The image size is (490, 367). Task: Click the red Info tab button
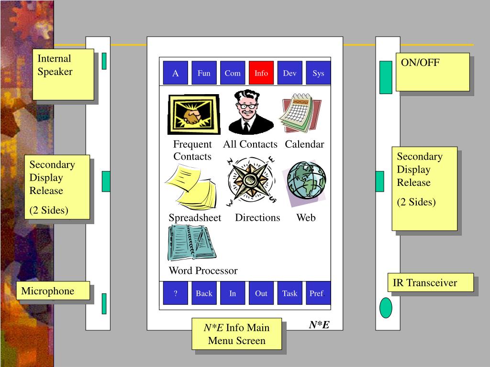pyautogui.click(x=261, y=73)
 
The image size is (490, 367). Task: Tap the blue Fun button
pyautogui.click(x=204, y=73)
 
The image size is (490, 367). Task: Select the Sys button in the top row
pyautogui.click(x=318, y=73)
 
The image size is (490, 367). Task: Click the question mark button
pyautogui.click(x=176, y=293)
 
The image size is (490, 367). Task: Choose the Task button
pyautogui.click(x=290, y=293)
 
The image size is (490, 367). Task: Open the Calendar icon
pyautogui.click(x=301, y=113)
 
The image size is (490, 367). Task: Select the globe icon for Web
pyautogui.click(x=306, y=181)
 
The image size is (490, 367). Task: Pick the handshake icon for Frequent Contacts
pyautogui.click(x=194, y=115)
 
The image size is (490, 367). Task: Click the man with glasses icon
pyautogui.click(x=249, y=113)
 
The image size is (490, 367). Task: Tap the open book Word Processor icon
pyautogui.click(x=191, y=243)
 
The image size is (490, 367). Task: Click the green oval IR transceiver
pyautogui.click(x=386, y=307)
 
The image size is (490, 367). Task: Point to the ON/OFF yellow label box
pyautogui.click(x=433, y=72)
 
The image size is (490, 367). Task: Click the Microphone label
pyautogui.click(x=53, y=291)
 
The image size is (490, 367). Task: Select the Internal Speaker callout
pyautogui.click(x=63, y=75)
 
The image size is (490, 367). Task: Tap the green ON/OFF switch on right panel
pyautogui.click(x=386, y=77)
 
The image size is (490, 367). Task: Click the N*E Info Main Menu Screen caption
pyautogui.click(x=237, y=334)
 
